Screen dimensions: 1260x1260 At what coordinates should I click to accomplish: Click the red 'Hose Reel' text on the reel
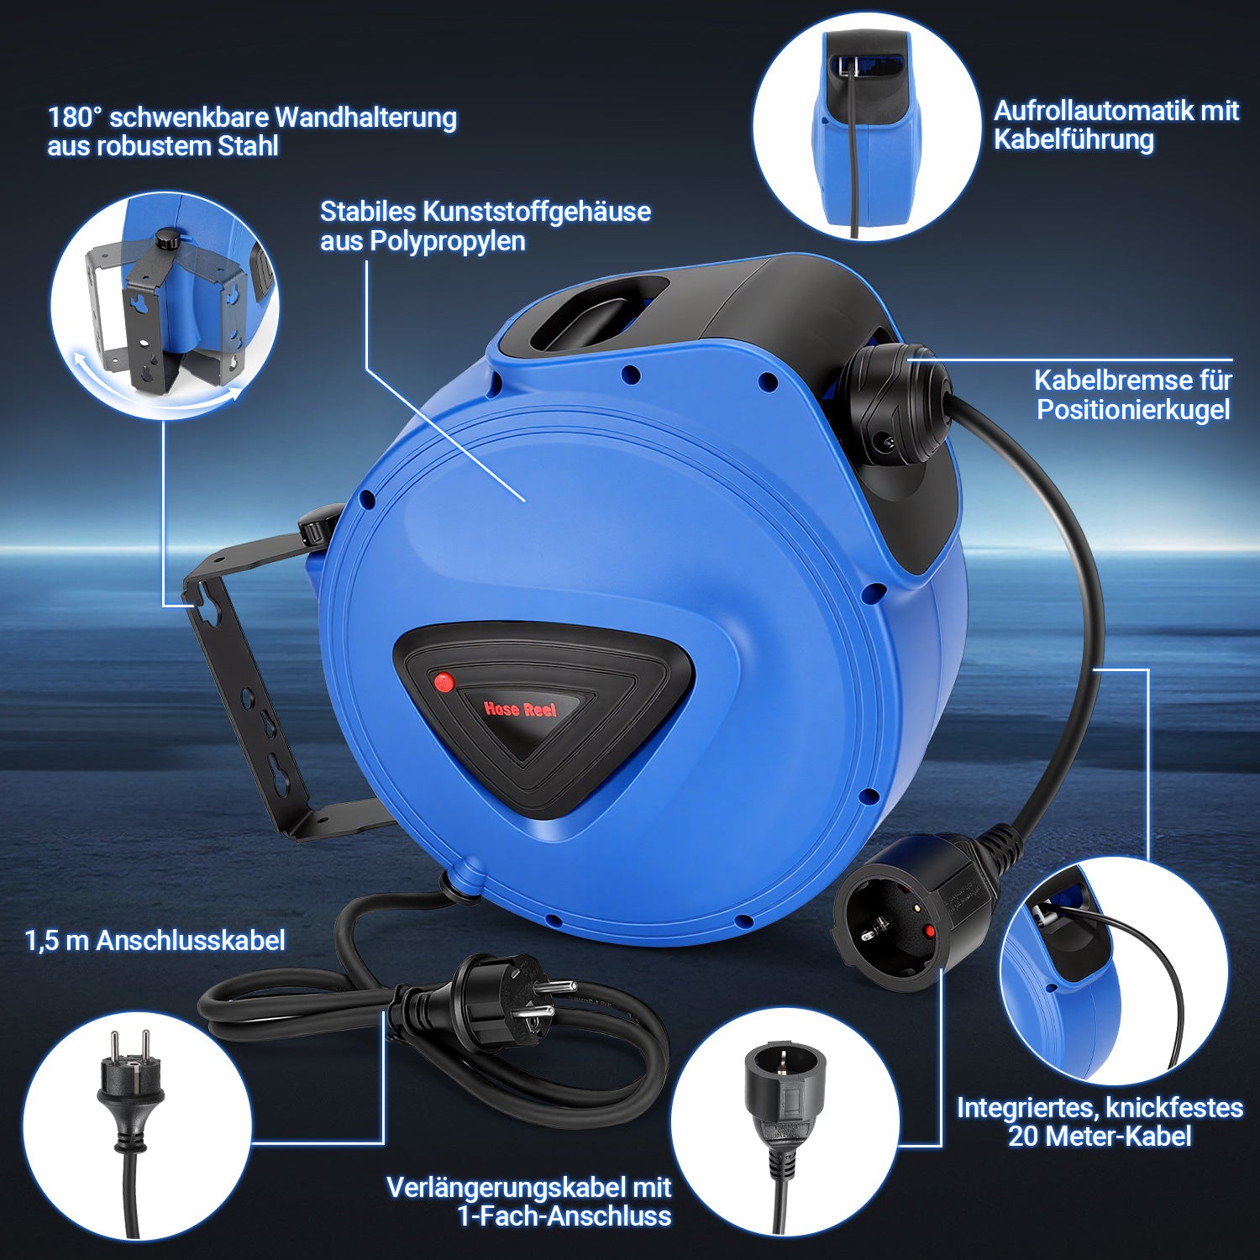520,709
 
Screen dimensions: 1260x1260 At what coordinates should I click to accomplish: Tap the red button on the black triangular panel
444,682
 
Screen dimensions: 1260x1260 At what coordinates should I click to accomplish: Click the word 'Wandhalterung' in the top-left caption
365,117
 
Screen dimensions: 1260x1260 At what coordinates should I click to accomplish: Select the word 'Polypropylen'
448,242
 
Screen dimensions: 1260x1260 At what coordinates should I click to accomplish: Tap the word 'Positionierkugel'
1133,410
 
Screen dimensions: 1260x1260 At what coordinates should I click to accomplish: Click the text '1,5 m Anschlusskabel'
155,941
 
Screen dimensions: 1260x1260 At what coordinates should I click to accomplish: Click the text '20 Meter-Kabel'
1100,1137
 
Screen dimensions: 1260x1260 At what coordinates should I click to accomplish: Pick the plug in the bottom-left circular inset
131,1092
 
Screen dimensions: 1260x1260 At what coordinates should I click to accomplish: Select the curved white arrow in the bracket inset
155,395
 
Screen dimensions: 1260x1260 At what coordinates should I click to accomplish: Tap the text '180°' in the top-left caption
74,117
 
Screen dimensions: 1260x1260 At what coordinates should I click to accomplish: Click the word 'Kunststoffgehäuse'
536,212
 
